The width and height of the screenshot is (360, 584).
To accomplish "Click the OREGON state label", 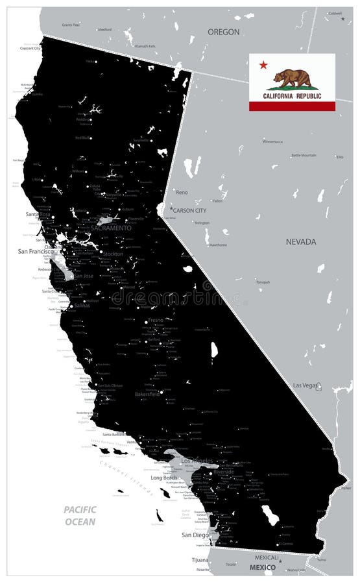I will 223,32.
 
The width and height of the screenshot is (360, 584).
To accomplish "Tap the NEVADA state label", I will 301,241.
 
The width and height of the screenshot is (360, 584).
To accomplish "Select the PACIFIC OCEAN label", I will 80,515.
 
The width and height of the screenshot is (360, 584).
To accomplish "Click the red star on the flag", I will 263,65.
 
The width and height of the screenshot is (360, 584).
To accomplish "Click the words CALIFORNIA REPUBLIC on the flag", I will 292,95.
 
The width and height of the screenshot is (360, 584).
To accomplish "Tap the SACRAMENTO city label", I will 111,228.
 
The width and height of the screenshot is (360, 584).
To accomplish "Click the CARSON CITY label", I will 190,210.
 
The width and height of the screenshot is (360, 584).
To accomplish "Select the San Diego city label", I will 195,535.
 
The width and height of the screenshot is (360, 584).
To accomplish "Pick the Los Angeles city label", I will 197,460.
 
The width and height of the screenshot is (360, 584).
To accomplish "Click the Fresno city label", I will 156,321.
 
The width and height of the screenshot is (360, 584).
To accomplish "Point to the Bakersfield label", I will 147,393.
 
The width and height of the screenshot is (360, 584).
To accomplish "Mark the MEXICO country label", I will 262,567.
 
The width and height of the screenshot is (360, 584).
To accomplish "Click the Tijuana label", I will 200,559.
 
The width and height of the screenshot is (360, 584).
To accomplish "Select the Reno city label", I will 182,192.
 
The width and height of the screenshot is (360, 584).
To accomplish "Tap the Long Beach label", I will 163,478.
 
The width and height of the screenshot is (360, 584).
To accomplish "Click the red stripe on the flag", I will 292,106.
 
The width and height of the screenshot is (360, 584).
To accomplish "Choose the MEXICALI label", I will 266,557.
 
